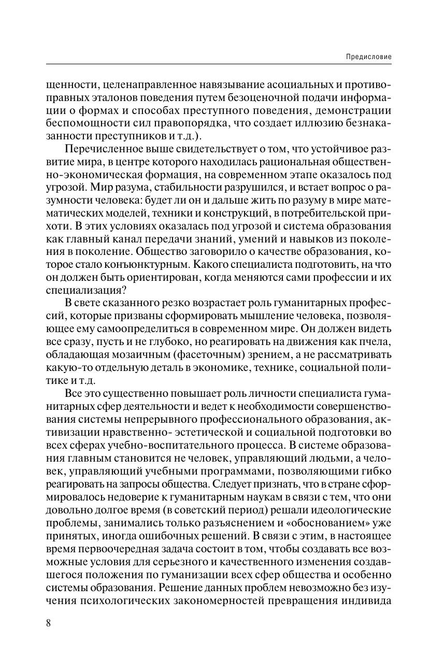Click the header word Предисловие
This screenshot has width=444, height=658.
368,56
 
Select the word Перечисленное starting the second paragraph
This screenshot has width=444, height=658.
98,150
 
